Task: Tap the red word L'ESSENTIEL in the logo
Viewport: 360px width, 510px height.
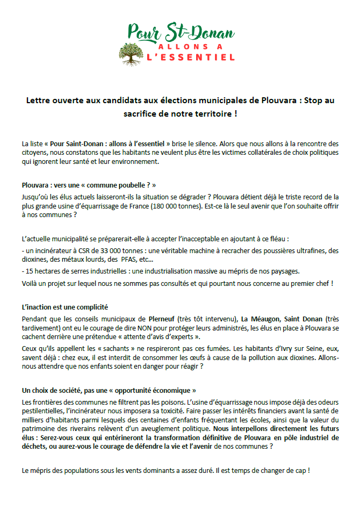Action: (191, 56)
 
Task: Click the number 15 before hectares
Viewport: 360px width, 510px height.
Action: (29, 271)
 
